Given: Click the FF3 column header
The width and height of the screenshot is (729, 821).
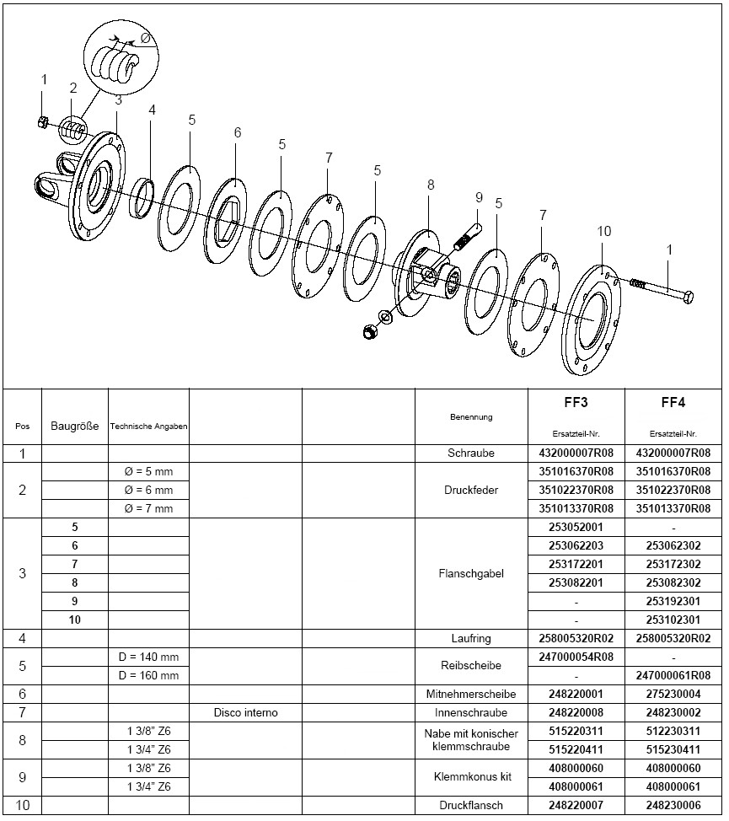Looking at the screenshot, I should point(576,402).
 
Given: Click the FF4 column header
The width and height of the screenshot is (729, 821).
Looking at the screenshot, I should point(673,402).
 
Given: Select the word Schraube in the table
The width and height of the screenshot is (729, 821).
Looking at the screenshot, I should point(471,453).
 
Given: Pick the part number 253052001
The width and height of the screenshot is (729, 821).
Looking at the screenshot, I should point(576,527).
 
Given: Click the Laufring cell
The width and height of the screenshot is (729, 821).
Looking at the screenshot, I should point(471,638).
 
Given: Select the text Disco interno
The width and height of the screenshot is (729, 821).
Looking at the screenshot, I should point(245,712).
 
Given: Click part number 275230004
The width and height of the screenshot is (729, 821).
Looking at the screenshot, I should point(673,694).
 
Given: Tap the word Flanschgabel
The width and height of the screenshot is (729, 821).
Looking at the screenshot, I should point(471,573).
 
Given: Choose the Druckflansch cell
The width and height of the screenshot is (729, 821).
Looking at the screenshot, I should point(471,805).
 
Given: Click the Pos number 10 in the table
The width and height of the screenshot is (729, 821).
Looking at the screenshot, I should point(23,805).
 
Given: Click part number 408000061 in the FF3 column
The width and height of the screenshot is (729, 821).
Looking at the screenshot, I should point(576,786).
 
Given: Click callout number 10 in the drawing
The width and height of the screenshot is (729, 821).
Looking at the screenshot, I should point(603,231).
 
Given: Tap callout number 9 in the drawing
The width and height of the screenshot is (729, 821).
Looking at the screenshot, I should point(479,197).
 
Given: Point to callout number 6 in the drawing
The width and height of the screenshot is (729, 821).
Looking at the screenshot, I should point(238,132).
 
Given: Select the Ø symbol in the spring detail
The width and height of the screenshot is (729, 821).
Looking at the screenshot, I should point(144,39).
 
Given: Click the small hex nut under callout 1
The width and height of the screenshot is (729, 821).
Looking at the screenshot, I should point(42,123).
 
